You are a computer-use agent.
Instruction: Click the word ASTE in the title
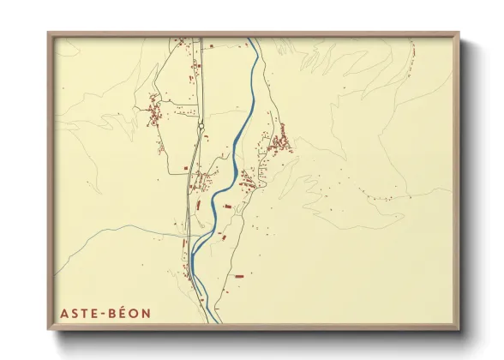[x=77, y=314]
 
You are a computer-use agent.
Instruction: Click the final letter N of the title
[x=146, y=314]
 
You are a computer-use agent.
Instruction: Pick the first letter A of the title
[x=63, y=314]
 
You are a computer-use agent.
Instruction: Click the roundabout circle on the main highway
[x=201, y=126]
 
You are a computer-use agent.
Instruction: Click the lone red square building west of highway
[x=185, y=167]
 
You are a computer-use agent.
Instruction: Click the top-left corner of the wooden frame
[x=49, y=33]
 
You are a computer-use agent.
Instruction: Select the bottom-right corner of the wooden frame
[x=459, y=328]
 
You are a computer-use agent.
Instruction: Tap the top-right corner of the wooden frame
[x=459, y=33]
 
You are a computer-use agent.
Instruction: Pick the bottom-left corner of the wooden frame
[x=49, y=328]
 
